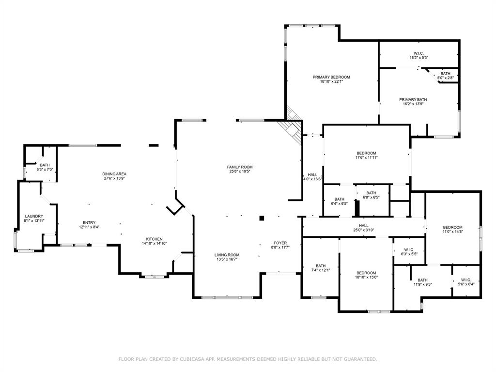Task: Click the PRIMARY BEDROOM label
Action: pyautogui.click(x=331, y=77)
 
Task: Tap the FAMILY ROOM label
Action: pyautogui.click(x=241, y=167)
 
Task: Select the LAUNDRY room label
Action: pyautogui.click(x=34, y=217)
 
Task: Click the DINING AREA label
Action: pyautogui.click(x=114, y=174)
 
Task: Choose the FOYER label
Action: pyautogui.click(x=280, y=243)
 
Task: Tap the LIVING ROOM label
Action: pyautogui.click(x=227, y=255)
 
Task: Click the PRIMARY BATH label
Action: pyautogui.click(x=413, y=99)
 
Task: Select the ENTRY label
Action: pyautogui.click(x=89, y=223)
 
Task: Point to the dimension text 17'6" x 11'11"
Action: pyautogui.click(x=366, y=157)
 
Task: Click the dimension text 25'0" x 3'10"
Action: pyautogui.click(x=363, y=230)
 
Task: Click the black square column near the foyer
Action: pyautogui.click(x=262, y=218)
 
